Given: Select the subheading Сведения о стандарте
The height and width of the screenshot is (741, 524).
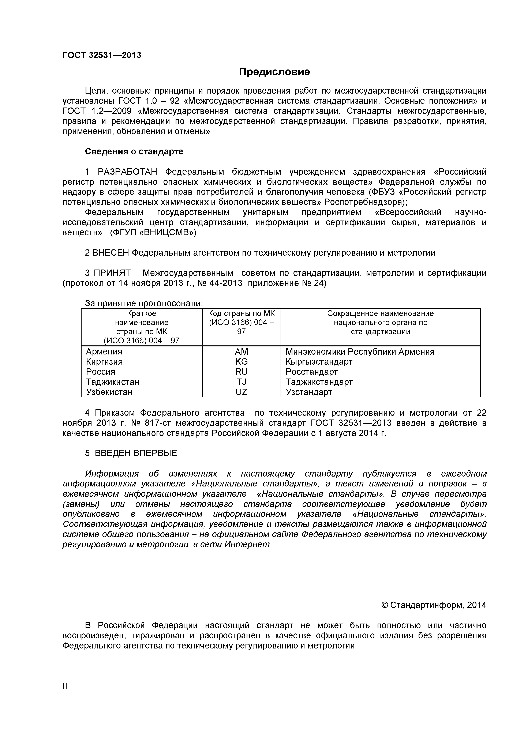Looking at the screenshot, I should point(134,151).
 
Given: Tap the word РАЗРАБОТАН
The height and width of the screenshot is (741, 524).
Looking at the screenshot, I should point(127,172).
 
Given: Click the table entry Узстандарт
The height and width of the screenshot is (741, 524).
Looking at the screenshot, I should point(309,392).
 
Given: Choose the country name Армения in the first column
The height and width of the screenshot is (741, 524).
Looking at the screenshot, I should point(104,351).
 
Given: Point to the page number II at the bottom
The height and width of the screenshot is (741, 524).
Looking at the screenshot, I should point(65,695).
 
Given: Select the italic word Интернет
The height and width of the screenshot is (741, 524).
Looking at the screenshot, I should point(247,545).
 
